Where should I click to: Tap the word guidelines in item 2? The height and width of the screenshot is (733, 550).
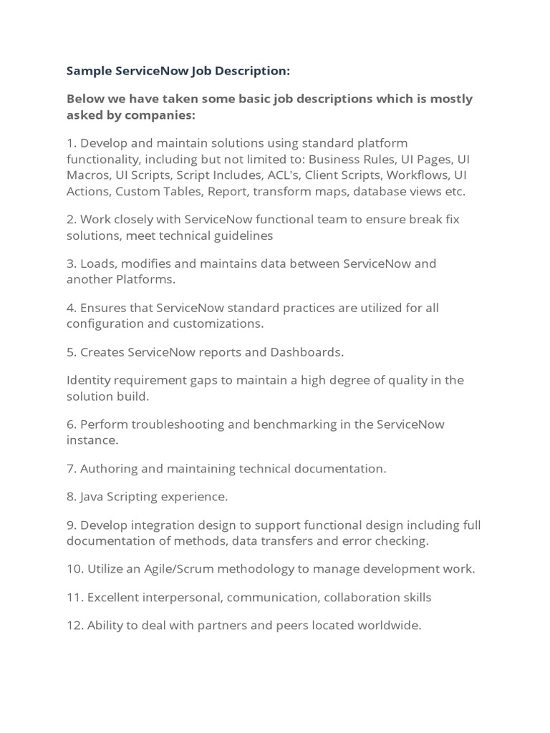pos(237,236)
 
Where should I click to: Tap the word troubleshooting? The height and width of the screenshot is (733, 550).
pos(170,424)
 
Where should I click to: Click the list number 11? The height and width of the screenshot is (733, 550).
pos(73,597)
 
